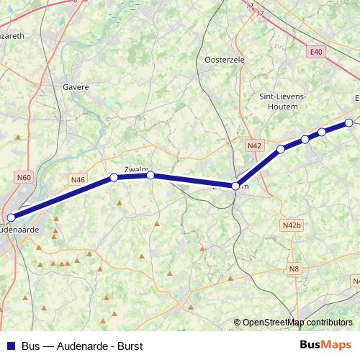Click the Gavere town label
76,87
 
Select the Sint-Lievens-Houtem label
282,100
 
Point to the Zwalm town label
136,170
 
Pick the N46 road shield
78,179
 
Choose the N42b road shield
292,225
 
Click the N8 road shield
294,269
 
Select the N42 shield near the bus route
253,145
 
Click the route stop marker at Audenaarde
11,217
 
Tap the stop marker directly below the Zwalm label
150,175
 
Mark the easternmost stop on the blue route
349,122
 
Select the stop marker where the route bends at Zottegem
235,186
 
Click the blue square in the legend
9,346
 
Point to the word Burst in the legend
130,346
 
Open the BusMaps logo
325,345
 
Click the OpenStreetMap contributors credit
297,323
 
